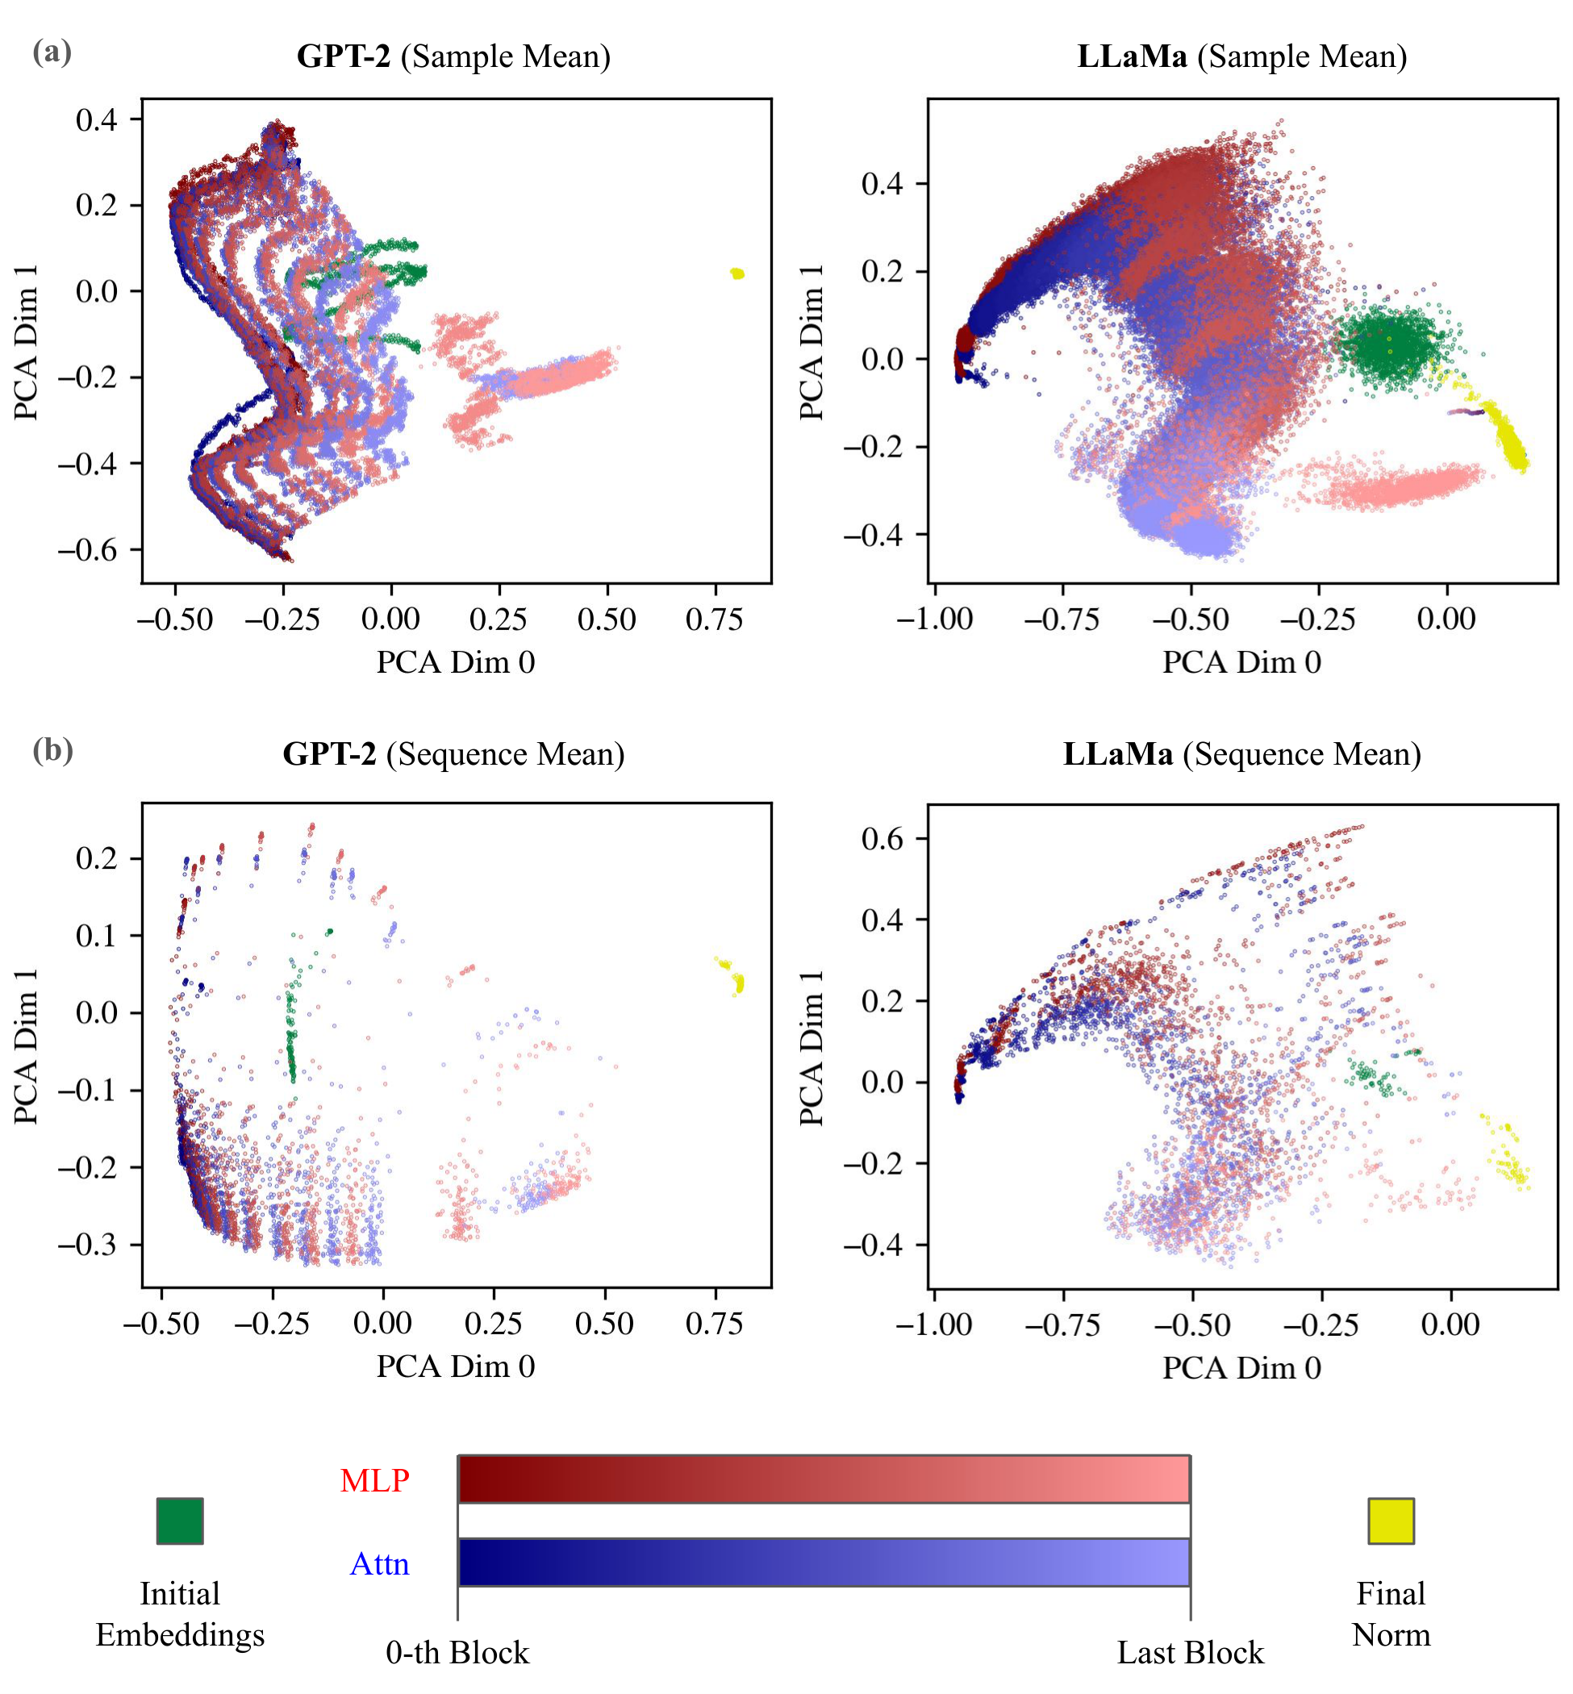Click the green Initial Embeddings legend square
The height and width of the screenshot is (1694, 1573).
click(x=180, y=1521)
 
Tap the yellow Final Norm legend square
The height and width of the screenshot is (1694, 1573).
click(x=1391, y=1521)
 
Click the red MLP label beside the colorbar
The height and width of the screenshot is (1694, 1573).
click(x=374, y=1481)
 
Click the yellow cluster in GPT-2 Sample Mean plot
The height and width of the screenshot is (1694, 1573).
click(x=737, y=273)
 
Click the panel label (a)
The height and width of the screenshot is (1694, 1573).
click(x=52, y=52)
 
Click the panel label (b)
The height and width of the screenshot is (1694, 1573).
click(x=52, y=751)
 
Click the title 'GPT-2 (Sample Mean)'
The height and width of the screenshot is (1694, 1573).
click(x=453, y=57)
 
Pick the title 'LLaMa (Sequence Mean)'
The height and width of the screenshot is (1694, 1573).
click(x=1242, y=755)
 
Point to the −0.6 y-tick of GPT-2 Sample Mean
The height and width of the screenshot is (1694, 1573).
click(x=88, y=551)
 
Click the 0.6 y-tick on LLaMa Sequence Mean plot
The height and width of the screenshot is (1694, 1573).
click(x=882, y=838)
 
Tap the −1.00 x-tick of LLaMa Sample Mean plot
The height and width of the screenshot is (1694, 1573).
click(x=934, y=620)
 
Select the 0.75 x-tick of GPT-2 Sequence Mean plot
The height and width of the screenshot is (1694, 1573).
click(x=714, y=1324)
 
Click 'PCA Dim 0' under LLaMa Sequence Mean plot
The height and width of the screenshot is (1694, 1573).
click(x=1242, y=1368)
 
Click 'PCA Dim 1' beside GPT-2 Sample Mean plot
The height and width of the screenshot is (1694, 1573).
click(x=27, y=341)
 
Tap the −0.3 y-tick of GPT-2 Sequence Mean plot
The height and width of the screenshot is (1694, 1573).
click(x=88, y=1245)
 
